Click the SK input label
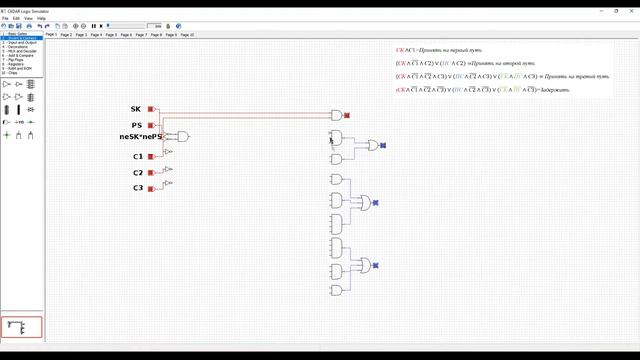pos(136,109)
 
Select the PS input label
pos(136,125)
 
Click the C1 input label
pos(138,156)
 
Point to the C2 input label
pos(138,172)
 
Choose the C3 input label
pos(138,188)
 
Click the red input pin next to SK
pos(151,109)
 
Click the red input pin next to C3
pos(151,188)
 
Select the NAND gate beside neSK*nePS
pos(179,136)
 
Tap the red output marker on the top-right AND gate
pos(346,115)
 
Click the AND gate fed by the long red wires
pos(336,115)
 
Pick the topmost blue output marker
pos(383,146)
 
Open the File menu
pos(5,18)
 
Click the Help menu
pos(41,18)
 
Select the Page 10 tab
pos(187,34)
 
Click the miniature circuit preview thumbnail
pos(22,327)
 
